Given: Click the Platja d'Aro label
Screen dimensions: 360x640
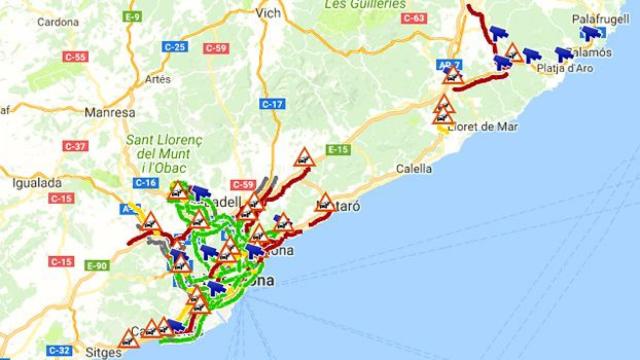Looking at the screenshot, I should [566, 69].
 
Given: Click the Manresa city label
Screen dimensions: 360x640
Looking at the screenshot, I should [109, 113].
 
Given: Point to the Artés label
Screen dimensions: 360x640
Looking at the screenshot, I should [158, 80].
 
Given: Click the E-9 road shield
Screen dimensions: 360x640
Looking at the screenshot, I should [132, 17].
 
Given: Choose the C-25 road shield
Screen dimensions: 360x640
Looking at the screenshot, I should [174, 47].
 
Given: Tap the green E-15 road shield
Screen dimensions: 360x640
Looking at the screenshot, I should [337, 150].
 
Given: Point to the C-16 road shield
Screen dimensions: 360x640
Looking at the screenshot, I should [145, 183].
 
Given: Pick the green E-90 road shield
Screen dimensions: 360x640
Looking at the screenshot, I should [97, 265].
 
